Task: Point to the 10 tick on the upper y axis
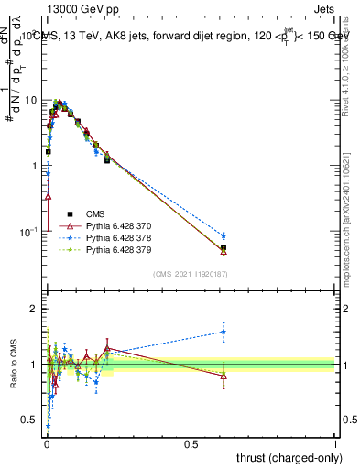[x=31, y=100]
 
